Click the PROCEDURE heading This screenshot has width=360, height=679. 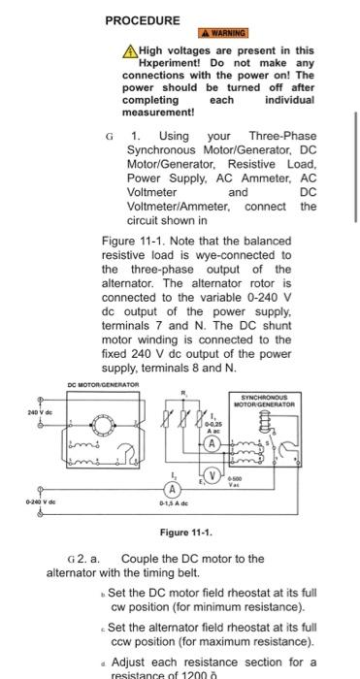[x=143, y=20]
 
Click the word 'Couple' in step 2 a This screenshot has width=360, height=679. [x=141, y=559]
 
